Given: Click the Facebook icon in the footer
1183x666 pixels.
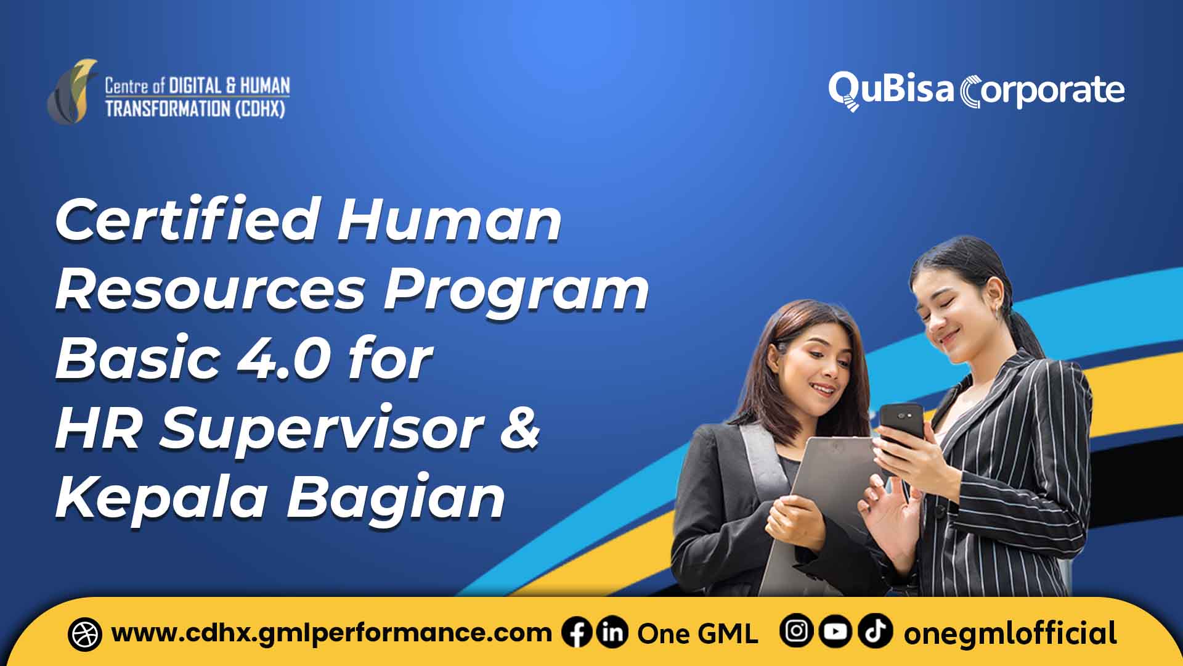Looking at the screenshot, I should [x=577, y=633].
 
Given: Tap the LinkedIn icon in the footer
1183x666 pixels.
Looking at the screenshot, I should [x=612, y=633].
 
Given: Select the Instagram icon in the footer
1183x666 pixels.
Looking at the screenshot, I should [x=796, y=631].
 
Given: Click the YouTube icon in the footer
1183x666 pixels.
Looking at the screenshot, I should [x=835, y=631].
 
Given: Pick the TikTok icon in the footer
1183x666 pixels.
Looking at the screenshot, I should [x=875, y=631].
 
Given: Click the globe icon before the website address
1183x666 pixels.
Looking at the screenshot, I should [x=85, y=634].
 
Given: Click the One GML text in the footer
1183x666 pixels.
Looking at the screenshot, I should [x=697, y=634].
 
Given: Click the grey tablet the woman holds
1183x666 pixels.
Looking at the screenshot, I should [x=819, y=493].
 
